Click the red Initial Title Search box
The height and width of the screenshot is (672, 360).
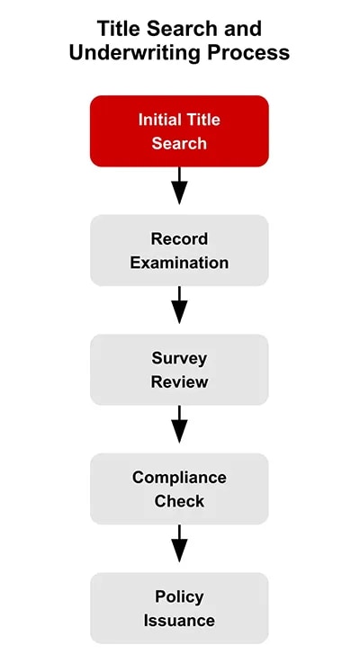click(179, 131)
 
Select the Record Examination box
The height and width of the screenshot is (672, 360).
click(179, 250)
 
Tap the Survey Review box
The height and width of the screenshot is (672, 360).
click(179, 370)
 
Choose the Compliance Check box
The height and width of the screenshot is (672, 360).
click(179, 488)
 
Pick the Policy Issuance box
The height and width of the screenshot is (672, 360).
click(179, 608)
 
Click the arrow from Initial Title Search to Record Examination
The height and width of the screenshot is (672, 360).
click(179, 186)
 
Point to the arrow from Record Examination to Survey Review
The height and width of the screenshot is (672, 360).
click(179, 305)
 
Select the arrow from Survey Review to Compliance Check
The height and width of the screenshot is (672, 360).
click(179, 425)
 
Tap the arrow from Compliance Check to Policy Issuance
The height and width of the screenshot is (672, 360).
click(179, 543)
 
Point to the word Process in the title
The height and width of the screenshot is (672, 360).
click(252, 53)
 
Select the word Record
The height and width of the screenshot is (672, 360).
click(179, 239)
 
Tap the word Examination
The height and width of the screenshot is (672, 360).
click(179, 263)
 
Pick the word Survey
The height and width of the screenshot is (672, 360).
click(179, 358)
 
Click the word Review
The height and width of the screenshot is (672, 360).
click(179, 381)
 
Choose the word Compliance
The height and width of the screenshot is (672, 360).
click(179, 478)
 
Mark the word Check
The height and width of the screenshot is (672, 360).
click(179, 501)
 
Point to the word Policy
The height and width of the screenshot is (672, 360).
click(179, 596)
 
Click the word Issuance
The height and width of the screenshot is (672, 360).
click(179, 621)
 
